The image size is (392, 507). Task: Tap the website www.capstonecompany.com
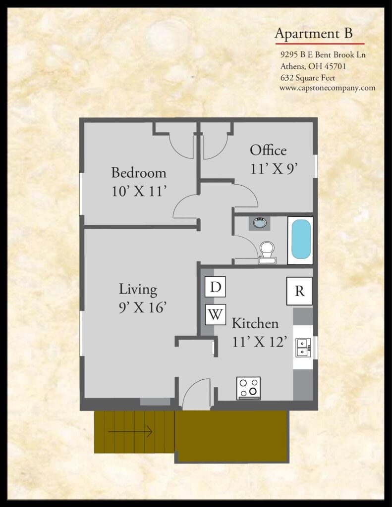point(327,88)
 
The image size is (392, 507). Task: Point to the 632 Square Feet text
point(308,78)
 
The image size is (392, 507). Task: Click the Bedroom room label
point(139,172)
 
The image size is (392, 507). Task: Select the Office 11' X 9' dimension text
point(274,168)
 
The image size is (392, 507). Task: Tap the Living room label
point(138,289)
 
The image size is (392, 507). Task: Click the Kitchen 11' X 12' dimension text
point(259,342)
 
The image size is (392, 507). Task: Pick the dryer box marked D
point(215,287)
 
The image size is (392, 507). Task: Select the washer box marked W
point(215,314)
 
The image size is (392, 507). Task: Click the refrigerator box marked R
point(299,291)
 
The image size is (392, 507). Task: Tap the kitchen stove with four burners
point(248,388)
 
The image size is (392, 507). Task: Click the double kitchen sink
point(303,348)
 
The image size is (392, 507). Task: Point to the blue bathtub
point(301,239)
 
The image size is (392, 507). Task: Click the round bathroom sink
point(260,223)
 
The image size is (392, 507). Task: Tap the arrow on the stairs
point(130,431)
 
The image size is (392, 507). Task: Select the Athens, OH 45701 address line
point(313,66)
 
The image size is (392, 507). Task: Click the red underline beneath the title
point(320,44)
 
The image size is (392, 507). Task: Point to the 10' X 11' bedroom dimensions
point(139,191)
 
